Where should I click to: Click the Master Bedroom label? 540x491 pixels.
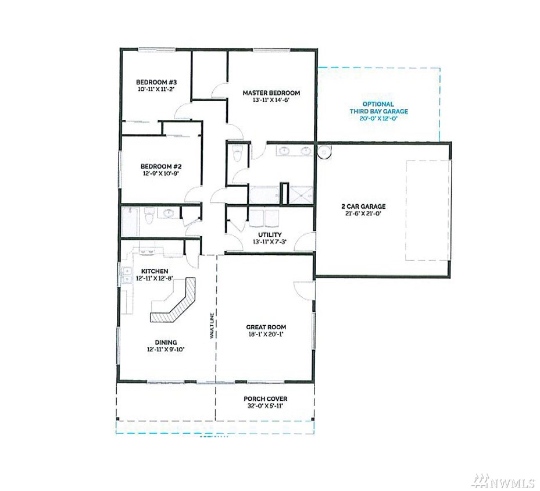271,92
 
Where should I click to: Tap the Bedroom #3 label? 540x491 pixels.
156,82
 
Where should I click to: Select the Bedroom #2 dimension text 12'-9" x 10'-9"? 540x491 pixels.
161,174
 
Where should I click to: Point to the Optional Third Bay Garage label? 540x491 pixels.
379,108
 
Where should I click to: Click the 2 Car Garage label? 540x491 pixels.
363,207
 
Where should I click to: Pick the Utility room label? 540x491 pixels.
270,234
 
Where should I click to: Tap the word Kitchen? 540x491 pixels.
155,271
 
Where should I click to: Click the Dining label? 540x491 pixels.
166,342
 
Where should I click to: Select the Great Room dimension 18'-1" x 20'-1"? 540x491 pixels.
266,335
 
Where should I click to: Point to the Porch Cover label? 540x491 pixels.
266,399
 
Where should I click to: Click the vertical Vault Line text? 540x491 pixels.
212,325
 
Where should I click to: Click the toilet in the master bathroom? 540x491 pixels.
238,153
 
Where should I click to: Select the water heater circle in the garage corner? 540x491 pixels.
324,151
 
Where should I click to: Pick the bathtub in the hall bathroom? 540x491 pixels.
130,222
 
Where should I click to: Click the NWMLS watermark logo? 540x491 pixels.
504,481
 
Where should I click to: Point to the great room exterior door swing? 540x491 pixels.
304,290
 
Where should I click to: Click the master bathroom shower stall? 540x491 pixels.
301,195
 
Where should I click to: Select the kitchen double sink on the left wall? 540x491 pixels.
127,275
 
